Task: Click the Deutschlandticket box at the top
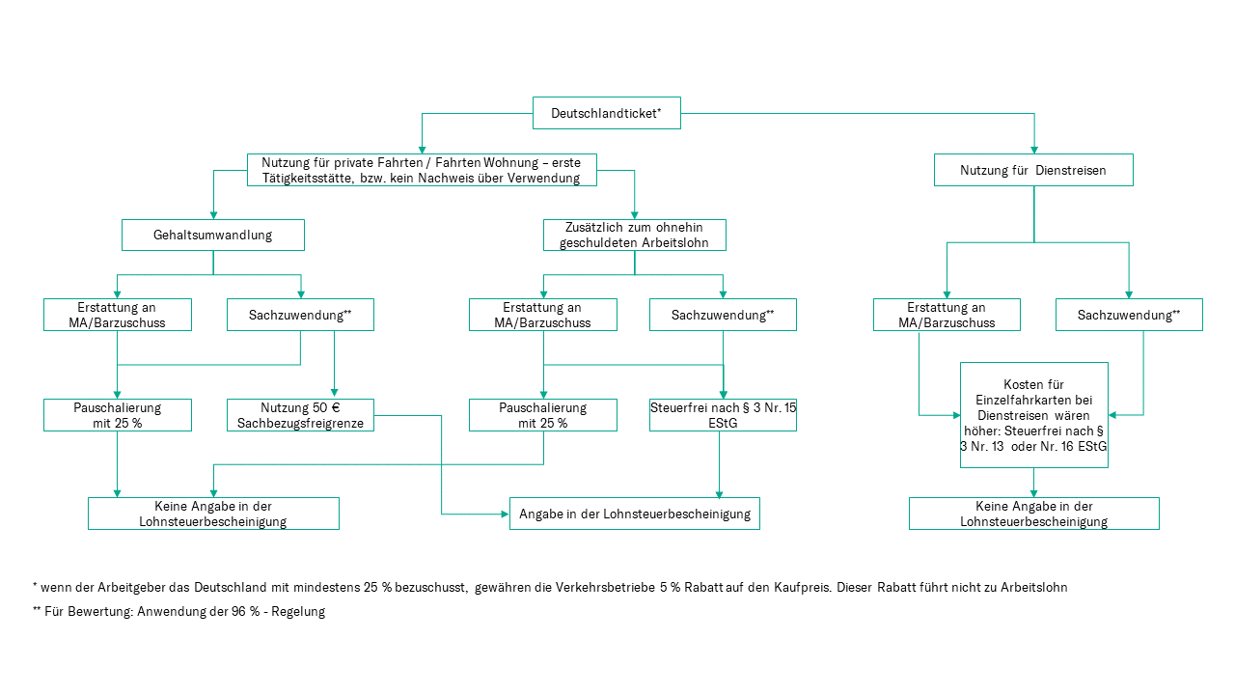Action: pyautogui.click(x=606, y=113)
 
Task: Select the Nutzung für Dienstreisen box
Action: pyautogui.click(x=1032, y=170)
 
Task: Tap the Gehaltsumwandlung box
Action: pyautogui.click(x=212, y=235)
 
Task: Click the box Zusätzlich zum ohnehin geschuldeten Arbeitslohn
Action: pyautogui.click(x=634, y=235)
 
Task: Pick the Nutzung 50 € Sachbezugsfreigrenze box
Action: pyautogui.click(x=300, y=415)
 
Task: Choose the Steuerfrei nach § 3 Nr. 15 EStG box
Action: pyautogui.click(x=723, y=415)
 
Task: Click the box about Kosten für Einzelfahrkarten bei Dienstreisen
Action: pyautogui.click(x=1033, y=415)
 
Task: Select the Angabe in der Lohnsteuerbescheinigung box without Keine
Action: pyautogui.click(x=635, y=514)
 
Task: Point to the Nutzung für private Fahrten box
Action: pyautogui.click(x=421, y=170)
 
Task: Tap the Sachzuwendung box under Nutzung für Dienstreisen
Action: pyautogui.click(x=1128, y=315)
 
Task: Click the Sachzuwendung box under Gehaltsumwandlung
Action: pyautogui.click(x=300, y=315)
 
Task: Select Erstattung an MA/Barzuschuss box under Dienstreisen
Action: pyautogui.click(x=947, y=315)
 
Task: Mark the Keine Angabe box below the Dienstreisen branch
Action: pyautogui.click(x=1033, y=514)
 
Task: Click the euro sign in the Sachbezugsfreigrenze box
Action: pyautogui.click(x=335, y=407)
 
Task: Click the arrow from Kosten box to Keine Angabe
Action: pyautogui.click(x=1033, y=483)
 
